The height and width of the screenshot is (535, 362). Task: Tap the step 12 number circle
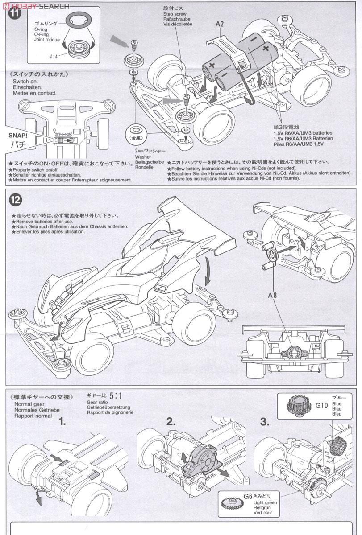pyautogui.click(x=15, y=200)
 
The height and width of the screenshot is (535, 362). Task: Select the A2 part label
pyautogui.click(x=220, y=24)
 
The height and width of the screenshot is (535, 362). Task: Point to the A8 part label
pyautogui.click(x=273, y=295)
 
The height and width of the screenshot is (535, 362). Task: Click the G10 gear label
pyautogui.click(x=321, y=406)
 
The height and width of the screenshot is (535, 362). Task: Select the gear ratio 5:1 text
pyautogui.click(x=115, y=395)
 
